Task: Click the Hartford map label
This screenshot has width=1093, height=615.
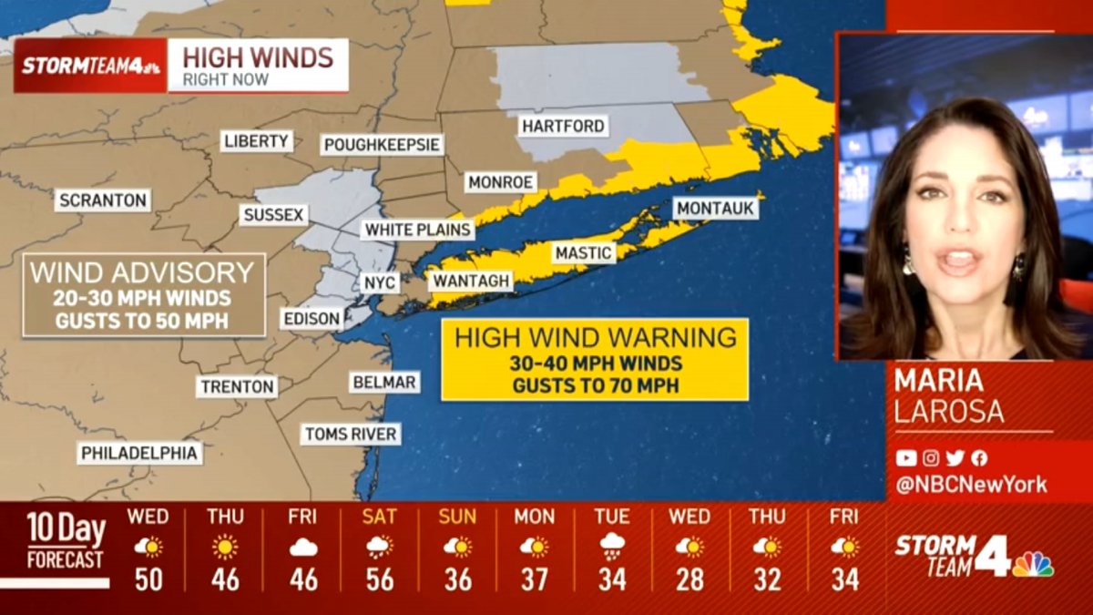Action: pos(562,126)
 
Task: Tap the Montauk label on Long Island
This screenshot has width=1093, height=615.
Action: pos(716,209)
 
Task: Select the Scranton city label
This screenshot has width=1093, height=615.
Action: pos(102,200)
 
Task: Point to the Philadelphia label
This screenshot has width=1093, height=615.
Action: pos(139,453)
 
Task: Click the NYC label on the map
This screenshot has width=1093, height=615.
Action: pos(380,282)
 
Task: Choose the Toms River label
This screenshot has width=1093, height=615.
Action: pos(351,434)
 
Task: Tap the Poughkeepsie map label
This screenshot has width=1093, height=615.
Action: pos(382,145)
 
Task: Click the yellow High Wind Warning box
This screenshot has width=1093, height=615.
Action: pos(595,359)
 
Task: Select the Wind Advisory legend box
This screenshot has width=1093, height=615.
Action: pos(144,295)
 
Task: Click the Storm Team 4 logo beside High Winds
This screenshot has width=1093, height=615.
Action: pos(90,66)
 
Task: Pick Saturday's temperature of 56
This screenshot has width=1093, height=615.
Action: pos(380,579)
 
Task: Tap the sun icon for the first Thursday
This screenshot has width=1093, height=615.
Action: pos(225,547)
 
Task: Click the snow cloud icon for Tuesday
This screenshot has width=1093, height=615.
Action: pos(612,547)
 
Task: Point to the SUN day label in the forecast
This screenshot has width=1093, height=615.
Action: pos(457,517)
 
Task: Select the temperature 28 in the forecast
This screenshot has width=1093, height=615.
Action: pos(690,579)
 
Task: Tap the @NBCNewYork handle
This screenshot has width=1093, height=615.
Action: pos(971,485)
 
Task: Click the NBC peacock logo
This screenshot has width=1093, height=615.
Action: pos(1033,564)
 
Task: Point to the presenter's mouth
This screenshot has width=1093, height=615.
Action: pos(958,261)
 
